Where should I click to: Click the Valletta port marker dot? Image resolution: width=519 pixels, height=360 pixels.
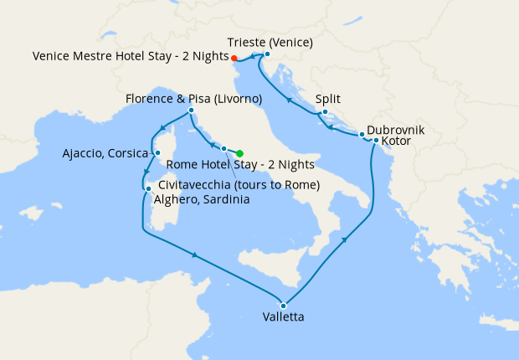pyautogui.click(x=284, y=305)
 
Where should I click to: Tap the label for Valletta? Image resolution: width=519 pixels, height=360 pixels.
pyautogui.click(x=283, y=318)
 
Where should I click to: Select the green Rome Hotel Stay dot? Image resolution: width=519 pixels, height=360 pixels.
pyautogui.click(x=239, y=153)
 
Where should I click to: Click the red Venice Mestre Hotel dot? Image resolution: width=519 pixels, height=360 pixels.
pyautogui.click(x=234, y=58)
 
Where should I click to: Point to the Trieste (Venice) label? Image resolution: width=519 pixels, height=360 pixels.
pyautogui.click(x=270, y=42)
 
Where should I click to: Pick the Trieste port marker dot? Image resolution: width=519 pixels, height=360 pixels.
pyautogui.click(x=267, y=55)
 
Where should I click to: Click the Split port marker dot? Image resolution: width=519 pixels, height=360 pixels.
pyautogui.click(x=325, y=111)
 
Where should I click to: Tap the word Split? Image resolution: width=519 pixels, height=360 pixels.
pyautogui.click(x=327, y=99)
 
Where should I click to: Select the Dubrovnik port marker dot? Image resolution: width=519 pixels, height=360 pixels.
pyautogui.click(x=362, y=134)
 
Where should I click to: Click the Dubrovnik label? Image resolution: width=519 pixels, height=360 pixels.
pyautogui.click(x=396, y=131)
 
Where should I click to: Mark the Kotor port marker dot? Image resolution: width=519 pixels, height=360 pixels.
pyautogui.click(x=376, y=141)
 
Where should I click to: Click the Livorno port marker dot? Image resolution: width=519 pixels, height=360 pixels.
pyautogui.click(x=192, y=111)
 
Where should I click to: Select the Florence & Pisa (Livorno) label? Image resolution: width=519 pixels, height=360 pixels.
pyautogui.click(x=193, y=99)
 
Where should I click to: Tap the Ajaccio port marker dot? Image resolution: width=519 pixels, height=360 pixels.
pyautogui.click(x=157, y=153)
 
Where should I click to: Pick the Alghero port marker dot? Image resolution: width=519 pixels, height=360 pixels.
pyautogui.click(x=148, y=189)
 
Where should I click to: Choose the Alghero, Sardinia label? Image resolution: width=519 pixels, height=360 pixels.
pyautogui.click(x=204, y=200)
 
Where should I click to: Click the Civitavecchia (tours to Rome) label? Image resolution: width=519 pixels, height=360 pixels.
pyautogui.click(x=239, y=185)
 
